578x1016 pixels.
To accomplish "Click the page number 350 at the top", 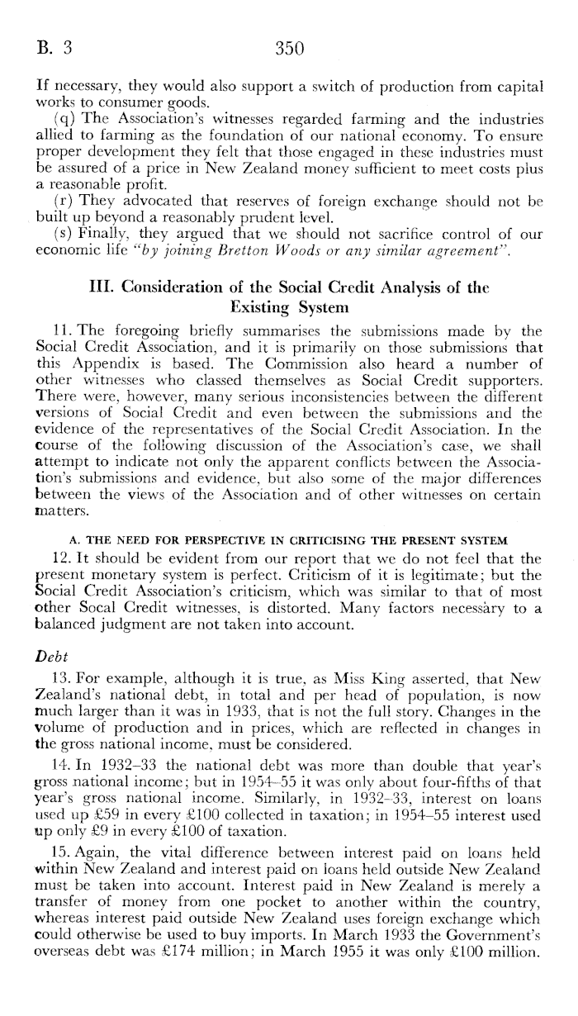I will point(290,49).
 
